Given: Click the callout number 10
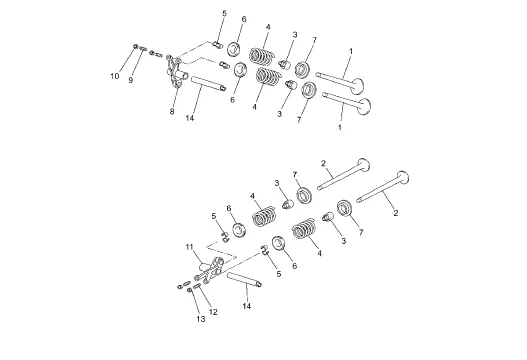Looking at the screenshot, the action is point(115,76).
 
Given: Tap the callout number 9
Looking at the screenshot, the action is point(131,80).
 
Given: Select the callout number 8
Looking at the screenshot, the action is point(172,112).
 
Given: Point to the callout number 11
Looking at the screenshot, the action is point(190,247).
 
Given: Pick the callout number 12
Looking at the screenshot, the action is point(213,312).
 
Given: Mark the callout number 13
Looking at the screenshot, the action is point(201,319).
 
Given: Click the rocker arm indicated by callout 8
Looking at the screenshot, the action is point(176,72).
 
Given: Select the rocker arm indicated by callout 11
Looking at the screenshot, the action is point(211,269).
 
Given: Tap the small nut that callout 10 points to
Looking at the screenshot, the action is point(136,46).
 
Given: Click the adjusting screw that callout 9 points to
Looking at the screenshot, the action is point(143,49).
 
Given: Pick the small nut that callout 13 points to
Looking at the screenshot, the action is point(190,289).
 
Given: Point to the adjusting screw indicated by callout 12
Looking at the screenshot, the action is point(197,286).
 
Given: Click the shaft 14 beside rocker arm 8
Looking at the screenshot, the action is point(208,83).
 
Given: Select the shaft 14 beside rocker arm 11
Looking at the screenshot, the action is point(244,280).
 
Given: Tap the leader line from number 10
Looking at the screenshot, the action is point(125,60).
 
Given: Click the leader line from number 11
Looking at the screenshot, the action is point(199,257).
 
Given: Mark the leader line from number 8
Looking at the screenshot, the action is point(174,98).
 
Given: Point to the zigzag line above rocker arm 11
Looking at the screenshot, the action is point(220,249).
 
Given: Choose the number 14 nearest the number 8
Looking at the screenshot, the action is point(190,118).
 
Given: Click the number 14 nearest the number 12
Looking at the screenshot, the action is point(247,306).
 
